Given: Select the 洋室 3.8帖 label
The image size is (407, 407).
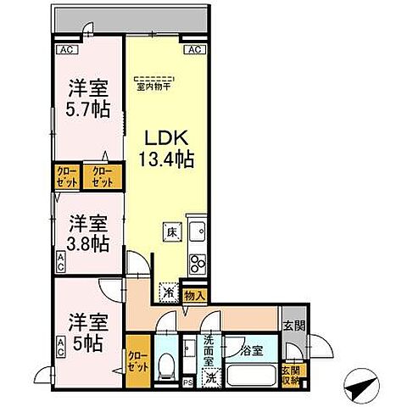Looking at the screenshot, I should pos(86,233).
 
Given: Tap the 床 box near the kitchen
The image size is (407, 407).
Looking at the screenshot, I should pos(170,231).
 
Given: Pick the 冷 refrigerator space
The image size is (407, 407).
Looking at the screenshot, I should pos(168,291).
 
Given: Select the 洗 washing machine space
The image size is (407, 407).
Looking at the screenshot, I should pos(212,378).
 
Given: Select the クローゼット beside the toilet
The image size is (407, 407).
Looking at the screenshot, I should pos(136,361).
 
